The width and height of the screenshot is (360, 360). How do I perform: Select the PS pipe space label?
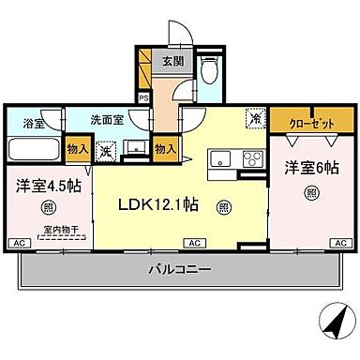click(143, 97)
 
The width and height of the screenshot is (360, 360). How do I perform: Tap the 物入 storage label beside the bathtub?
click(78, 147)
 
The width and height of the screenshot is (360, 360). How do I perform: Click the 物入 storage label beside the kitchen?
click(165, 147)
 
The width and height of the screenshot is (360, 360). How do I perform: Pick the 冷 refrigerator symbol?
click(253, 119)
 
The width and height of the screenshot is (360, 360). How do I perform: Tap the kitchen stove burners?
click(251, 157)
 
